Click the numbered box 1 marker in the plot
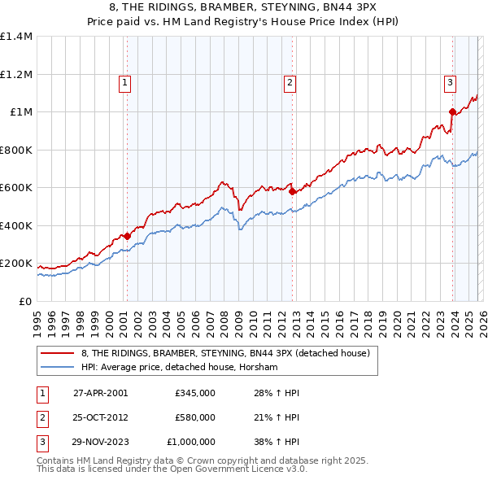pos(125,81)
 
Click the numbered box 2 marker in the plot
pos(290,81)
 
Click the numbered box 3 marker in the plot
pos(450,81)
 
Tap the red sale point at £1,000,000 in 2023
pos(452,112)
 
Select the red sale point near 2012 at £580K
pos(292,192)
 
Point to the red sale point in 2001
pos(127,236)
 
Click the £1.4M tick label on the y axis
pos(16,37)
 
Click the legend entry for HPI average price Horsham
pos(180,368)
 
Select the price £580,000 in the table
pos(194,417)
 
